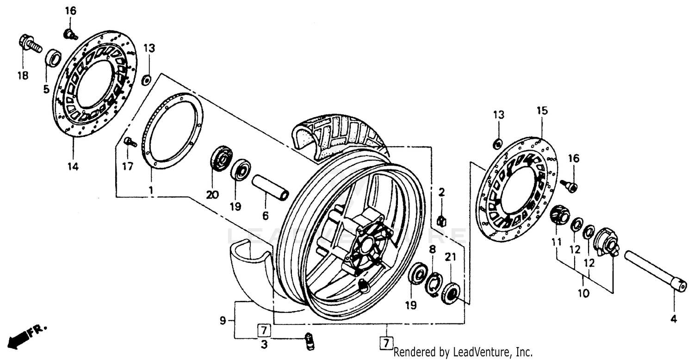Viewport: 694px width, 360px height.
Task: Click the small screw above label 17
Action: click(130, 143)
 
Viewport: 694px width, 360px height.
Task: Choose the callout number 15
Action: click(542, 111)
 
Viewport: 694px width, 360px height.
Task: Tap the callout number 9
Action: click(223, 320)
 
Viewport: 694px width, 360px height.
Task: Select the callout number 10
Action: click(583, 293)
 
